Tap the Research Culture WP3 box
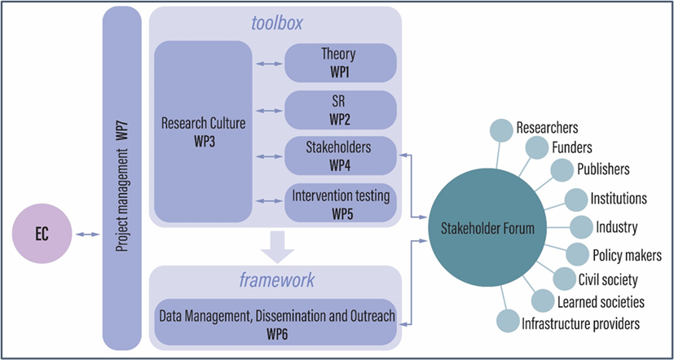[x=203, y=131]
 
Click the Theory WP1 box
[x=340, y=62]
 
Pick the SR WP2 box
[x=340, y=108]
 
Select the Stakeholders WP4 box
[x=340, y=155]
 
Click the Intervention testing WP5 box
[x=340, y=201]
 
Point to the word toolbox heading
[x=275, y=23]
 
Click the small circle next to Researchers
[x=500, y=129]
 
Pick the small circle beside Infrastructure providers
[x=508, y=323]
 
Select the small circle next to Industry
[x=581, y=227]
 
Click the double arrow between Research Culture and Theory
[x=267, y=62]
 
